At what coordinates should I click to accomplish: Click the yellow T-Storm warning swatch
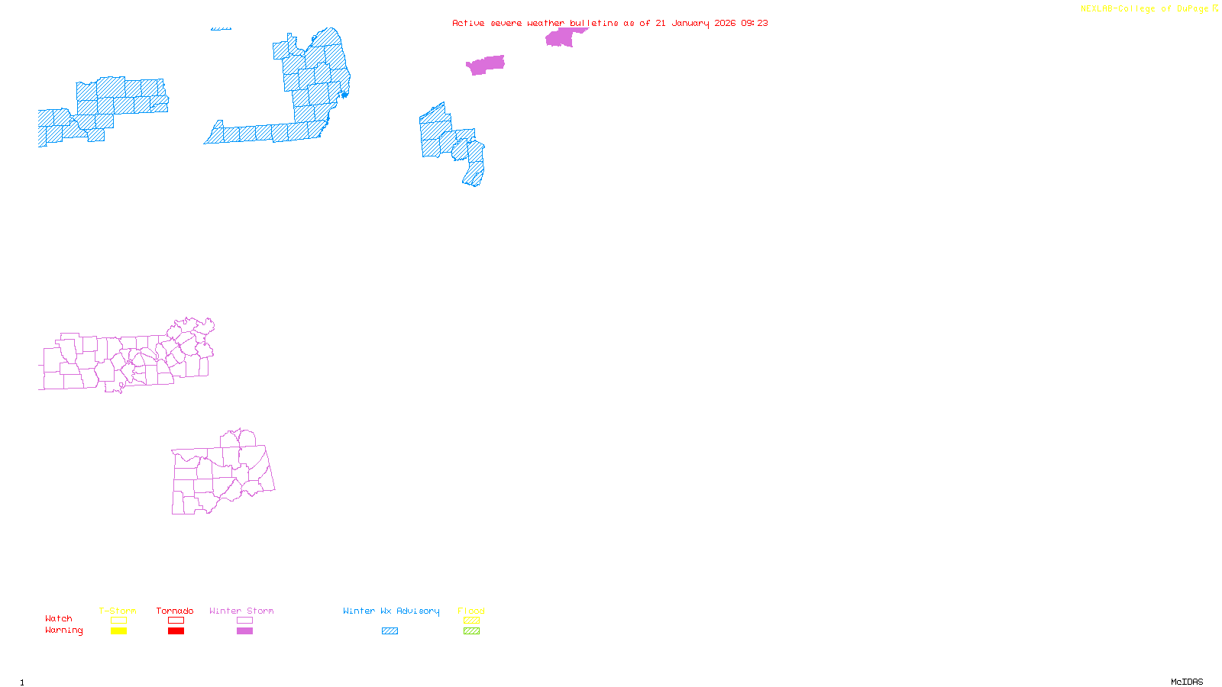click(x=118, y=631)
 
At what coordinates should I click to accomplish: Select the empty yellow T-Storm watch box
click(x=118, y=621)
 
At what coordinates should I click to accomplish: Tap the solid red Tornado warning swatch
click(x=176, y=631)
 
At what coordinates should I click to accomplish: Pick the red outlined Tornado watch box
click(x=176, y=621)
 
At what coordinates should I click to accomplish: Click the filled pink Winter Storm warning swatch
click(x=244, y=631)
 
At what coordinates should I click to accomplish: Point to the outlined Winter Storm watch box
click(x=244, y=621)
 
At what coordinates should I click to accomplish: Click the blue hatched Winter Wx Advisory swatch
click(x=390, y=631)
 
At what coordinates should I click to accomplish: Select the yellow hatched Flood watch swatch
click(x=471, y=621)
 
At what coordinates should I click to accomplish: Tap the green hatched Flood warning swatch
click(x=471, y=631)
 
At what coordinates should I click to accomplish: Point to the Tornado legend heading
click(x=175, y=611)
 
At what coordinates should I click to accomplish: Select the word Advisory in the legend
click(x=418, y=611)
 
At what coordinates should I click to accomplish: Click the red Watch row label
click(x=59, y=618)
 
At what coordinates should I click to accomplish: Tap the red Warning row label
click(x=63, y=631)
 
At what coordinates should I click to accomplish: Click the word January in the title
click(x=690, y=23)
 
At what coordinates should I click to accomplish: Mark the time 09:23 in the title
click(x=755, y=23)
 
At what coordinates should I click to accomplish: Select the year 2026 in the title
click(x=725, y=23)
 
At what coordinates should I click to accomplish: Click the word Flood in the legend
click(x=471, y=611)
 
